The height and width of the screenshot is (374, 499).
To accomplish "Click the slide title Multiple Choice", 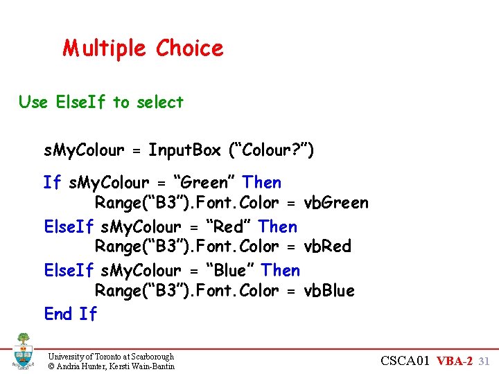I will click(x=143, y=48).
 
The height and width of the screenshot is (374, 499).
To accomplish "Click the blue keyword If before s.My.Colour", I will click(x=52, y=183).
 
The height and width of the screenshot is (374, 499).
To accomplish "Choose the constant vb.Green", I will click(x=336, y=203).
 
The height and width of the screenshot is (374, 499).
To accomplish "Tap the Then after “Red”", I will click(x=278, y=226).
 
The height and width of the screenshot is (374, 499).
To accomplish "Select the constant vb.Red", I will click(x=328, y=247).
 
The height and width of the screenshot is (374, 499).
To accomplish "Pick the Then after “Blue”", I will click(x=281, y=271).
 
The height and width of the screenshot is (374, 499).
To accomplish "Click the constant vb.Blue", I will click(x=329, y=291).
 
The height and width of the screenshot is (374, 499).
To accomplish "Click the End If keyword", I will click(x=71, y=314).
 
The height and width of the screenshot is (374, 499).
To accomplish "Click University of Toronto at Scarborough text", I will click(x=111, y=356).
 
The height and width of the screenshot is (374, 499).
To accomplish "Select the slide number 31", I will click(x=484, y=361).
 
